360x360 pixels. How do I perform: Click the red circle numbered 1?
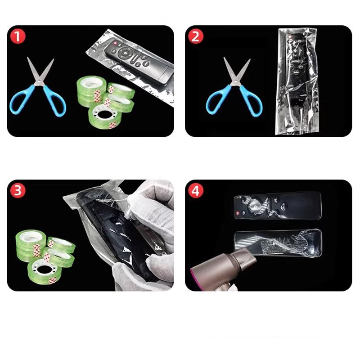pyautogui.click(x=18, y=36)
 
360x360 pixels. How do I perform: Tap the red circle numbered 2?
pyautogui.click(x=196, y=36)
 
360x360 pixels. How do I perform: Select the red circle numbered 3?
pyautogui.click(x=18, y=191)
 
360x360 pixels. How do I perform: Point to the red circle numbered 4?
pyautogui.click(x=196, y=191)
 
